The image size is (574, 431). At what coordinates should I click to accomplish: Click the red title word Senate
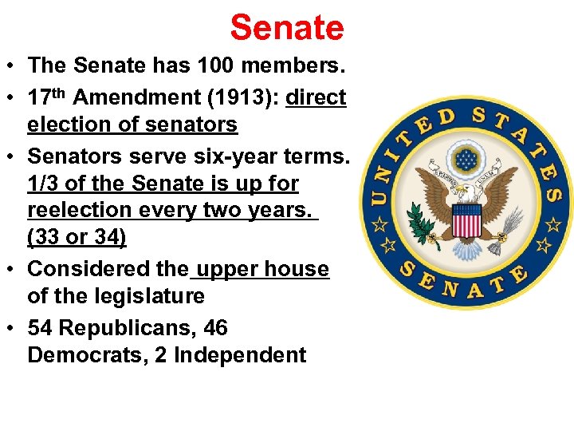(x=287, y=28)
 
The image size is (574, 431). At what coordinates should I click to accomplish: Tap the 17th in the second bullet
(x=48, y=97)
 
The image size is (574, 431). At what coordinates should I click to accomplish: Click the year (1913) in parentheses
(x=242, y=98)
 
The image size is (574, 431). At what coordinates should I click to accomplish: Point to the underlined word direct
(x=316, y=98)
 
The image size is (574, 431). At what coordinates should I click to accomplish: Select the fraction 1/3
(x=43, y=184)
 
